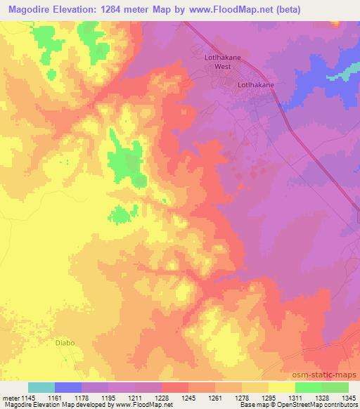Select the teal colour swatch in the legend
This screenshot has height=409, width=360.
41,387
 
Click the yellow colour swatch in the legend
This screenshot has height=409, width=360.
281,387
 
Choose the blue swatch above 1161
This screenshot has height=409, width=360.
68,387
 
